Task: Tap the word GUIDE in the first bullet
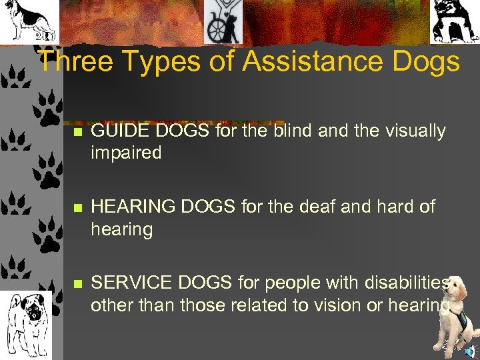coord(117,131)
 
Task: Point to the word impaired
coord(126,153)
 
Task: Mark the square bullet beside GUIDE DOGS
coord(77,133)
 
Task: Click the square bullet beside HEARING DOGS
coord(77,209)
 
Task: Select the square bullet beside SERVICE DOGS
coord(77,285)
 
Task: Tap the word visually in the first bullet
coord(414,131)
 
